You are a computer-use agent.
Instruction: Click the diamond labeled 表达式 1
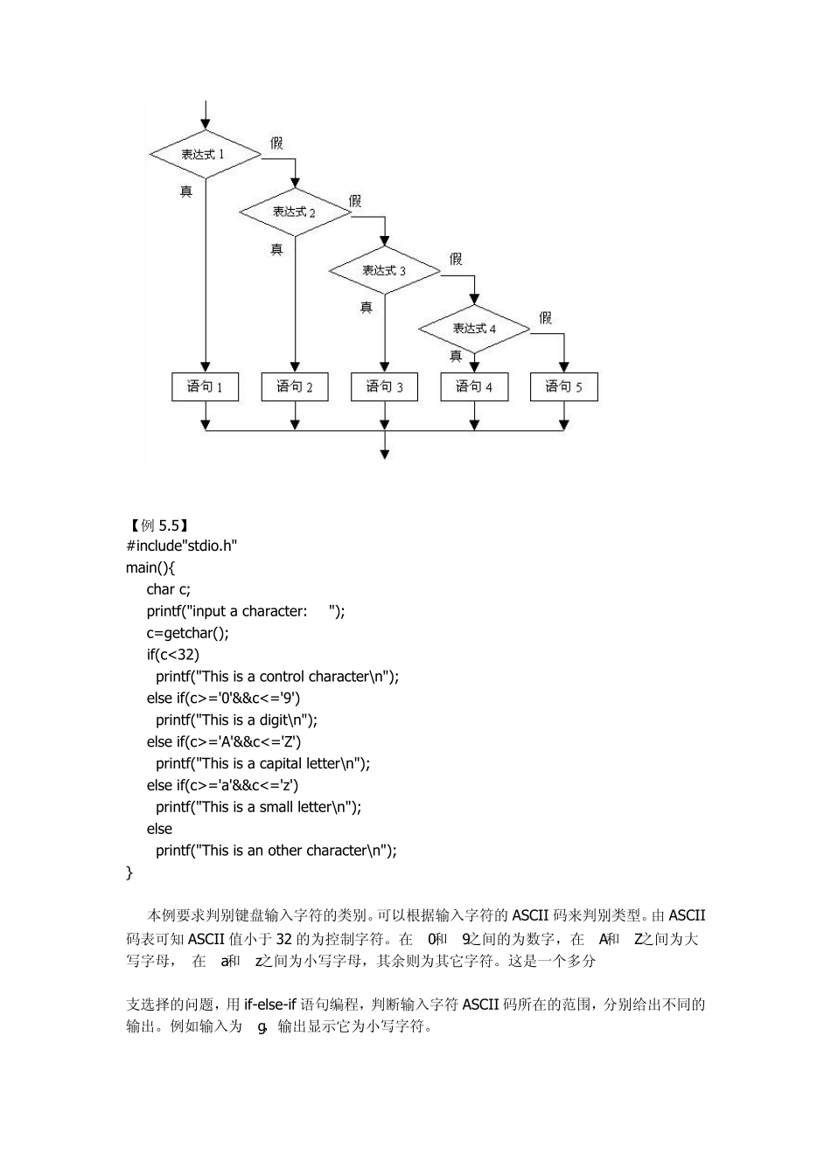point(205,155)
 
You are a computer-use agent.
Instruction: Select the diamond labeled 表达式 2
point(295,212)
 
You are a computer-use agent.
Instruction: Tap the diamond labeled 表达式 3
point(384,270)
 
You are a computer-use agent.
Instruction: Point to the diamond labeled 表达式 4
point(474,329)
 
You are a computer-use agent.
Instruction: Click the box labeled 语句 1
point(206,386)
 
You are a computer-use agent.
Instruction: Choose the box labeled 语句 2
point(295,386)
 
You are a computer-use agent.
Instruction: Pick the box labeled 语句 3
point(384,386)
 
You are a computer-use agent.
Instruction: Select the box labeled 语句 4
point(474,386)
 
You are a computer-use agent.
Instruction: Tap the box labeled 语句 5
point(563,386)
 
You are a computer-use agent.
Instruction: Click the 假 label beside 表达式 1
point(276,143)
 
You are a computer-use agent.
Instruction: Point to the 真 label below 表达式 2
point(276,249)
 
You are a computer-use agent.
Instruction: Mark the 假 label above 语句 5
point(545,317)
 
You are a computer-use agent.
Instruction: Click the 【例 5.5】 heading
point(158,525)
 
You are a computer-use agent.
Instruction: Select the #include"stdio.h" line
point(182,546)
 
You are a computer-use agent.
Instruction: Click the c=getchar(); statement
point(187,633)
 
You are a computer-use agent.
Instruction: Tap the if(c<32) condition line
point(173,655)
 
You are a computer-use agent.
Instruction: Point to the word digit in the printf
point(274,720)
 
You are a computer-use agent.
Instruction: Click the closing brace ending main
point(129,873)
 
